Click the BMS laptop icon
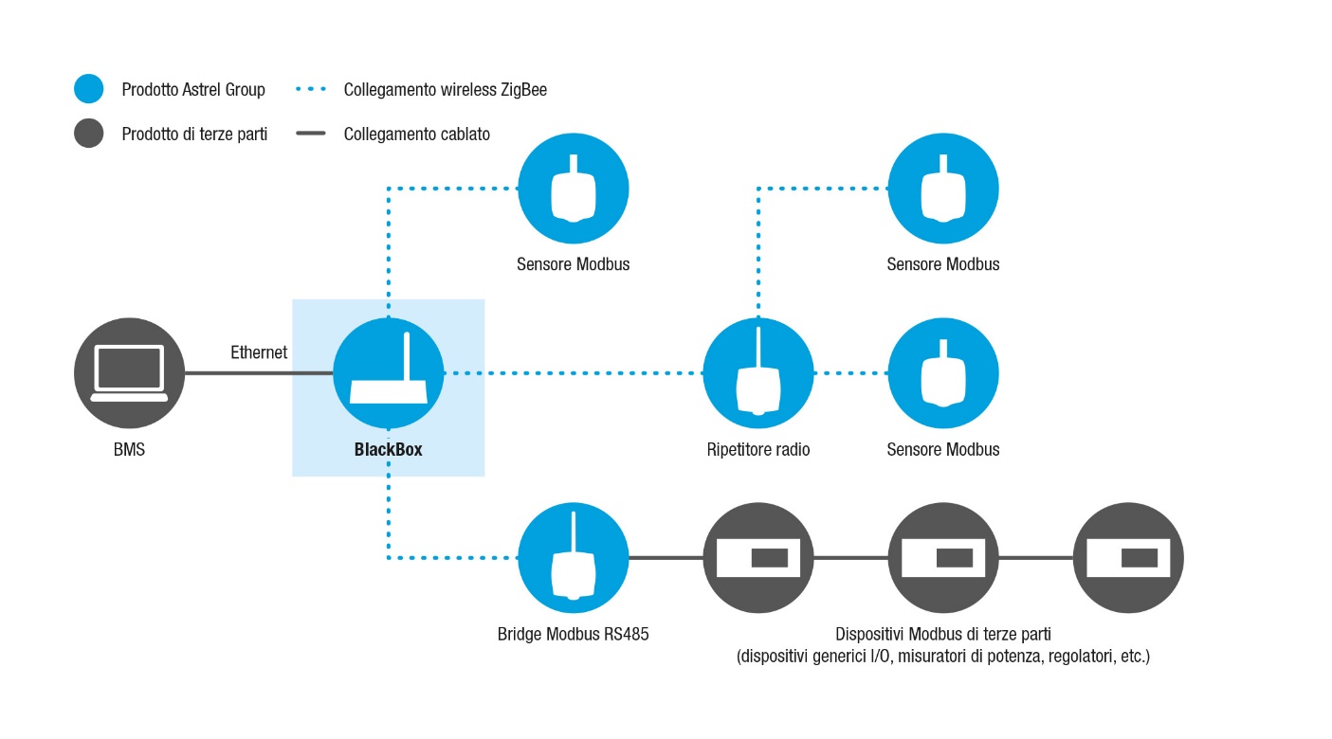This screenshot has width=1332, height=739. [x=129, y=373]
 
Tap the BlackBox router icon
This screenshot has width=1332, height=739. [x=389, y=373]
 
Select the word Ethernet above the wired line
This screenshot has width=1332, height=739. [x=259, y=352]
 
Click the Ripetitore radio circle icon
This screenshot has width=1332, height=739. [x=758, y=373]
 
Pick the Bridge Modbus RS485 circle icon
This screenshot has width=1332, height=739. [x=574, y=558]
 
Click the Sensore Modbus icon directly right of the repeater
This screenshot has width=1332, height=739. [x=943, y=373]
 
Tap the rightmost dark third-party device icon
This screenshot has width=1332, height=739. [x=1128, y=558]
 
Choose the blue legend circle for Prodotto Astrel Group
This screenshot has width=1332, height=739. [x=88, y=89]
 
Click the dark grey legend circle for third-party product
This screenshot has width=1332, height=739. [x=88, y=133]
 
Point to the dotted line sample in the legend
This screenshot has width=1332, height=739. [x=311, y=89]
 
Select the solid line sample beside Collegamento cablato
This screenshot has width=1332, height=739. [x=311, y=133]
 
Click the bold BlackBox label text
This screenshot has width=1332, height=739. [x=389, y=450]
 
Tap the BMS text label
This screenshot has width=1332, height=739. [x=129, y=450]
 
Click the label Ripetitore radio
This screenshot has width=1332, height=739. [x=758, y=450]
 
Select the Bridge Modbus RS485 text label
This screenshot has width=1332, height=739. [x=574, y=635]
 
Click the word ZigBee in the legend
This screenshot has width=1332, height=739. [x=524, y=90]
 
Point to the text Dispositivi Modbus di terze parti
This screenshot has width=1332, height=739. [x=943, y=635]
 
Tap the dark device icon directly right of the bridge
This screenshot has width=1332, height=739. [x=758, y=558]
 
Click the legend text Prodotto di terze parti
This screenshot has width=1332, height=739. [x=194, y=135]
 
